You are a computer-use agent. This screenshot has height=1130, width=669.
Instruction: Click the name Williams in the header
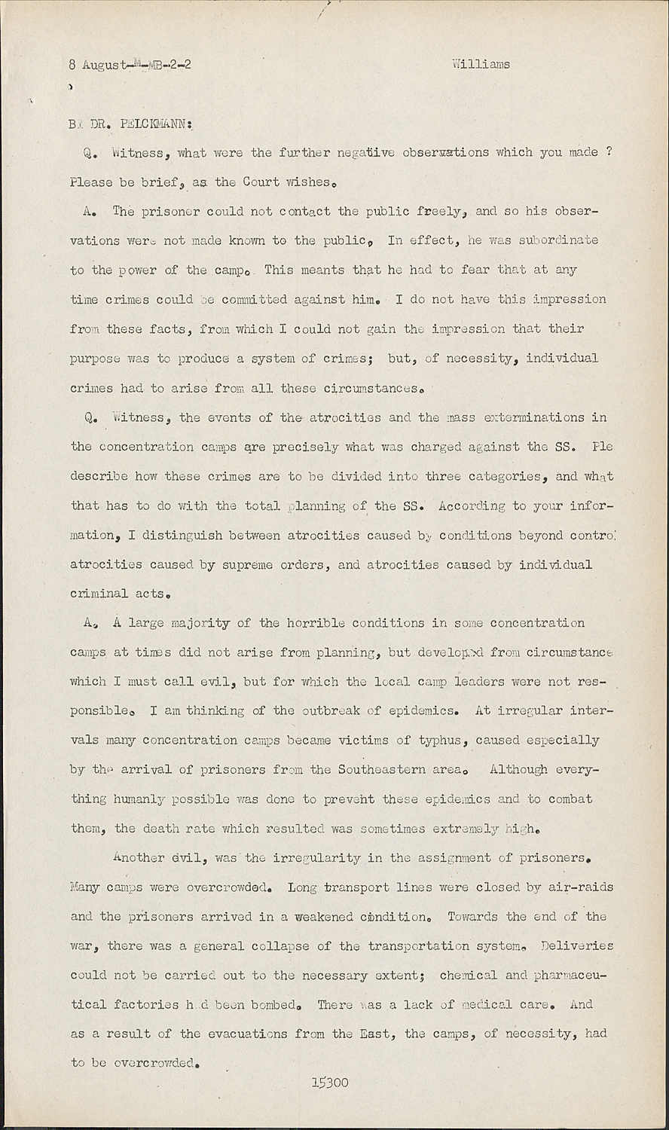tap(481, 64)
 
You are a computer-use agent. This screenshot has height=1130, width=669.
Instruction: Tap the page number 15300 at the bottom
tap(330, 1083)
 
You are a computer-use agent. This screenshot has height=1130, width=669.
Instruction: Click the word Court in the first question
tap(263, 182)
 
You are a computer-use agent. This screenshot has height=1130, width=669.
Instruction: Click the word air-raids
tap(581, 887)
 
